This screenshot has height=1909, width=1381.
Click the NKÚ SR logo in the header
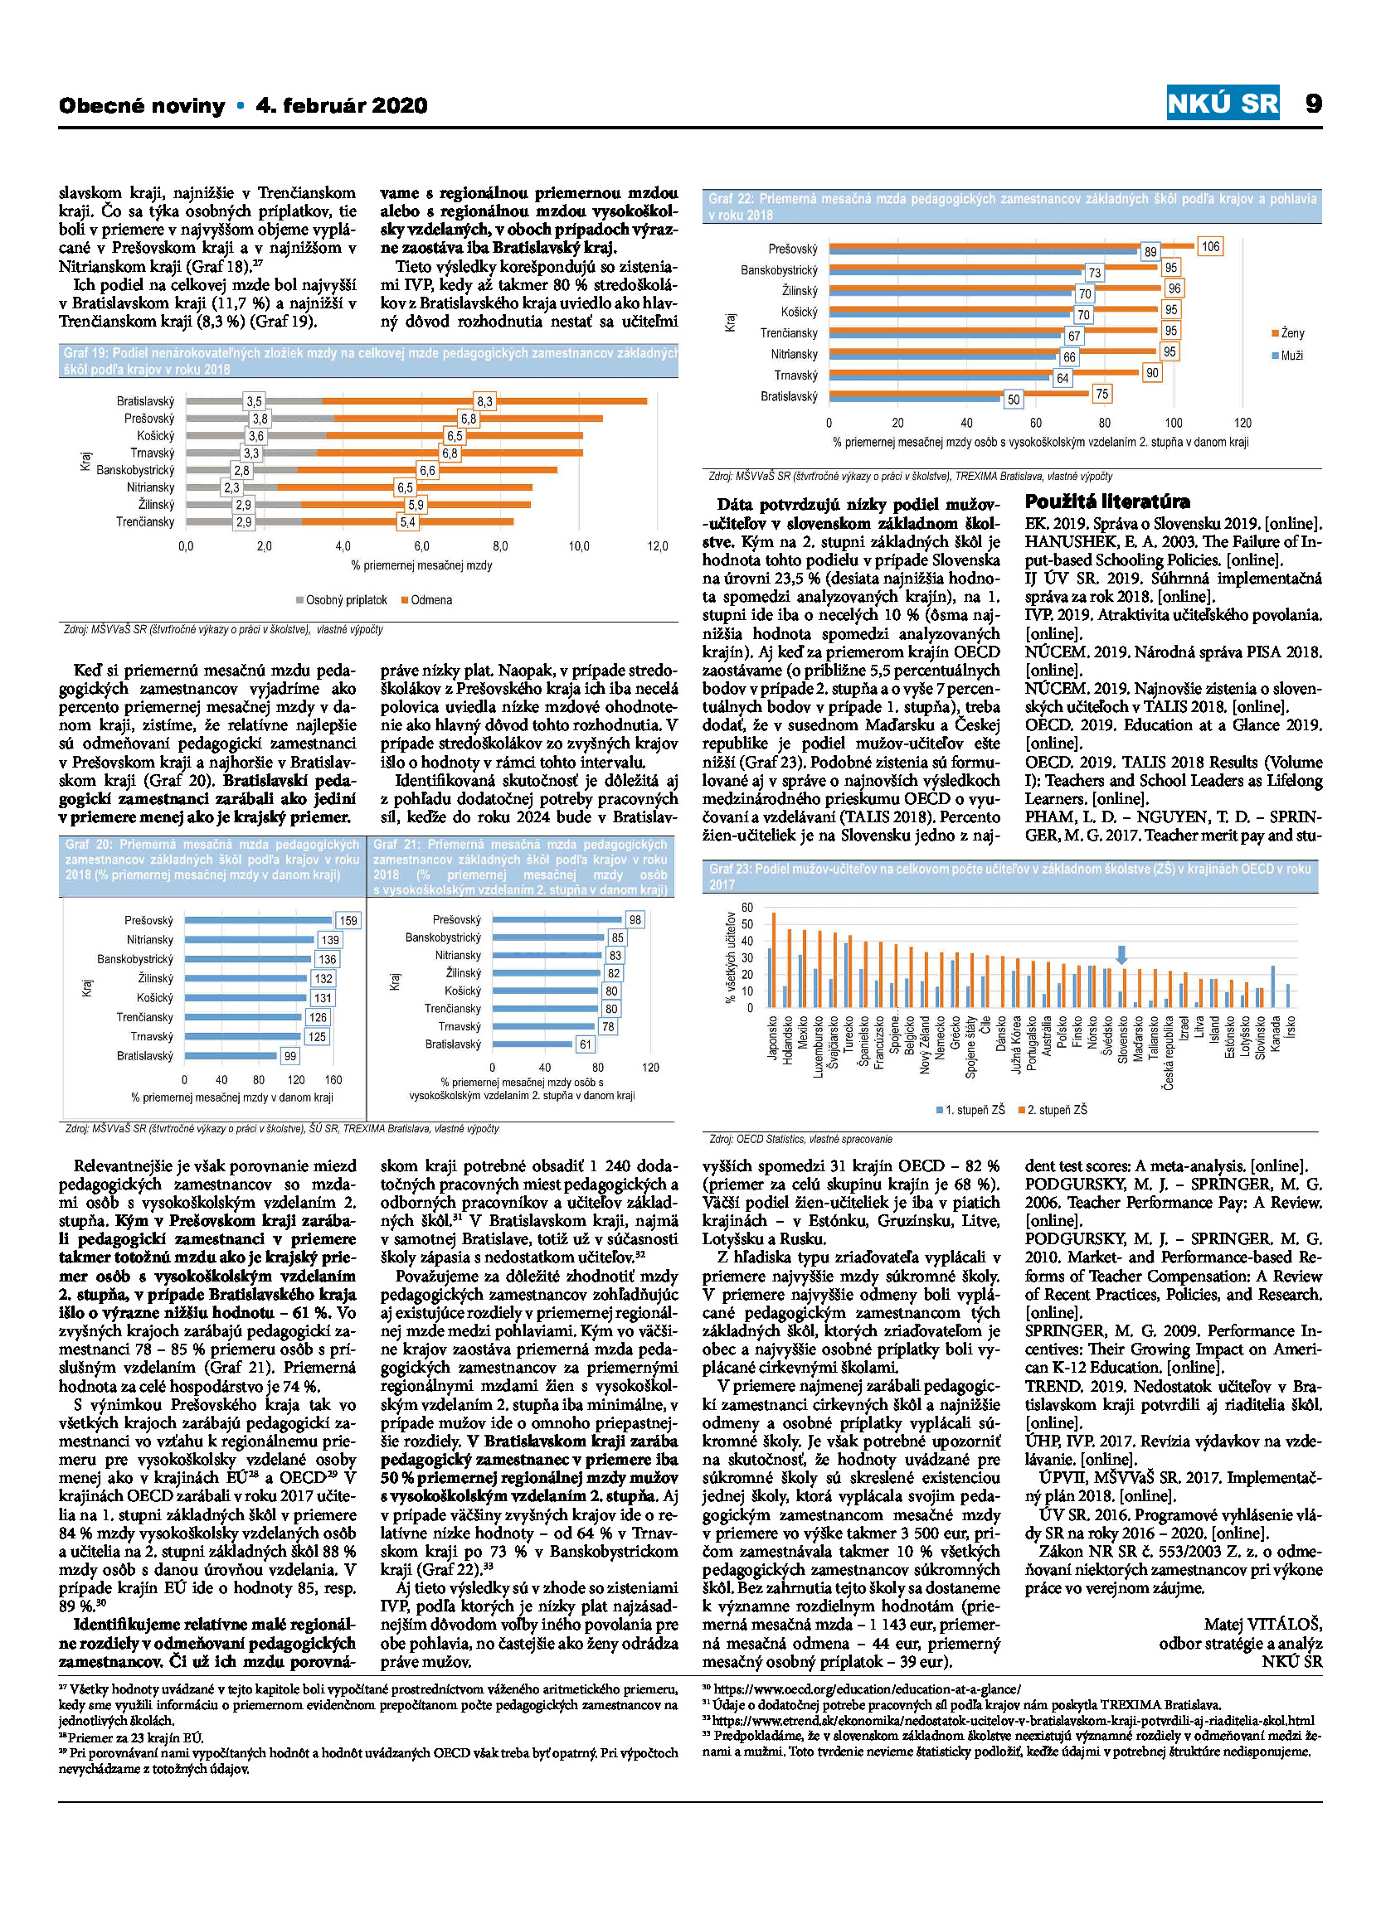(1223, 103)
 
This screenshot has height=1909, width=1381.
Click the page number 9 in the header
(1313, 104)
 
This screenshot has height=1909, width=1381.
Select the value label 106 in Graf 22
(1210, 247)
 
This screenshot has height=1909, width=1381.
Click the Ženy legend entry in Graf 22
(1287, 333)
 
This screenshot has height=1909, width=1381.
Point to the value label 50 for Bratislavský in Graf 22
(1013, 400)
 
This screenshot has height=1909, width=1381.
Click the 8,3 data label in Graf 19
(484, 401)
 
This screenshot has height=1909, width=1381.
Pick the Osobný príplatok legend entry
(341, 600)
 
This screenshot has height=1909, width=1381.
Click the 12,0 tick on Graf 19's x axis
(657, 546)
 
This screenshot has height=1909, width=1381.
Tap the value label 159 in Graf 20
(348, 920)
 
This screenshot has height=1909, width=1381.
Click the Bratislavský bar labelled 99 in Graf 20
(230, 1055)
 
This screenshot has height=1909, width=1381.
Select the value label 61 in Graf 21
(586, 1044)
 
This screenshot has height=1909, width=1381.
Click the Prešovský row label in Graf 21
(456, 919)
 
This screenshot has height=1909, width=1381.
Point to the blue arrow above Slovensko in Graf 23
(1121, 953)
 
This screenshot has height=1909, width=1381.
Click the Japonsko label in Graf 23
(773, 1039)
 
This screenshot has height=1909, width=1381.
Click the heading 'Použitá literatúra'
(1106, 501)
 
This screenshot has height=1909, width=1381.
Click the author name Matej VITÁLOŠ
(1263, 1624)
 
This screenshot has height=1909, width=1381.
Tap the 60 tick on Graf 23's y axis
(747, 908)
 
